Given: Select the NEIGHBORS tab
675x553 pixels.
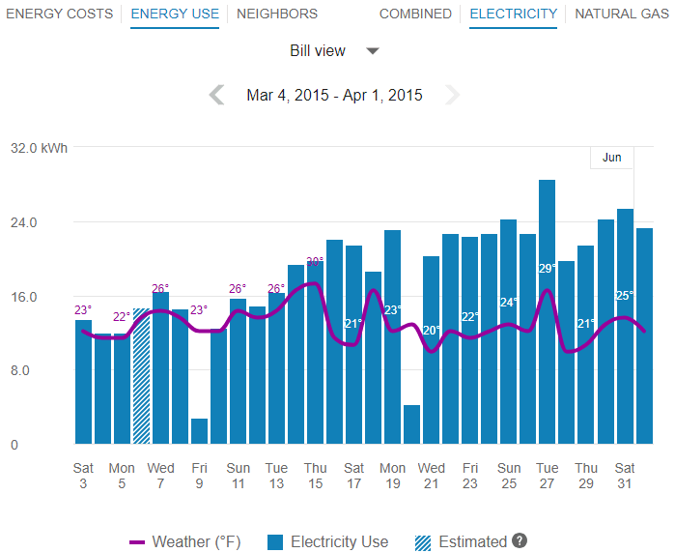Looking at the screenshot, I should point(277,15).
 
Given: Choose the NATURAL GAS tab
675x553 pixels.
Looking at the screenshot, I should point(620,15).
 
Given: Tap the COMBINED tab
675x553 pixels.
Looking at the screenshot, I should point(415,15).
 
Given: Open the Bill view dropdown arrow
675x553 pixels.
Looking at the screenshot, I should point(373,51).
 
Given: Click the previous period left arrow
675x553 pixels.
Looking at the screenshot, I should point(217,95).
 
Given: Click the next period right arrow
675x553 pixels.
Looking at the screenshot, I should point(452,95).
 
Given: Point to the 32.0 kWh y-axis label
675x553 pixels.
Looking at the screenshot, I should point(40,148).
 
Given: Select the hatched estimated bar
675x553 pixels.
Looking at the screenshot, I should point(142,377).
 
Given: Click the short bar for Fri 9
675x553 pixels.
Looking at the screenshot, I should point(200,431).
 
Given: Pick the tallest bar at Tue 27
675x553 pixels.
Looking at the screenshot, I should point(548,309).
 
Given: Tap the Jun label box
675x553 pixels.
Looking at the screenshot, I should point(612,158).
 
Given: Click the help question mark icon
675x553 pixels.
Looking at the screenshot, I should point(520,541).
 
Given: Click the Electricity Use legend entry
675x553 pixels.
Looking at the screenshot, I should point(328,541).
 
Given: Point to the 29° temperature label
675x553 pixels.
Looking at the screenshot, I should point(548,269).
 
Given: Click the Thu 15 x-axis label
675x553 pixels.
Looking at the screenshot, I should point(316,476).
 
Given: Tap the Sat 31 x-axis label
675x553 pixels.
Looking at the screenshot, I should point(625,476).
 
